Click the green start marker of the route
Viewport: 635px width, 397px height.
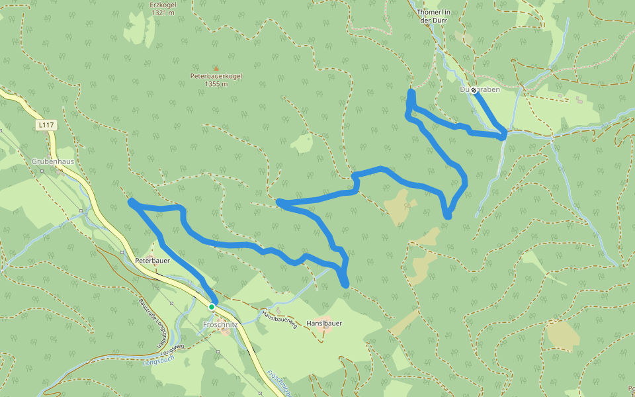click(x=212, y=307)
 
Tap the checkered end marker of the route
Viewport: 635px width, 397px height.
click(x=474, y=90)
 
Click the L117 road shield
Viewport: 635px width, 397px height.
click(x=46, y=124)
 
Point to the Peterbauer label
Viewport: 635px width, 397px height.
click(x=153, y=261)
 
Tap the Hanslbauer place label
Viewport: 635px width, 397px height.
click(x=324, y=323)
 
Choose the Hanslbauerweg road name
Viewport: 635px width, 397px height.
click(x=278, y=319)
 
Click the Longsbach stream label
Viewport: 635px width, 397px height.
click(x=157, y=363)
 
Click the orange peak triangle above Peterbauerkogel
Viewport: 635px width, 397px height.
click(x=215, y=68)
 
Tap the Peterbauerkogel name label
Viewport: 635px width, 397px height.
click(x=216, y=76)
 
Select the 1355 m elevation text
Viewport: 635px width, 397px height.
click(x=216, y=84)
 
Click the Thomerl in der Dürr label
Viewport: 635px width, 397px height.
click(x=434, y=16)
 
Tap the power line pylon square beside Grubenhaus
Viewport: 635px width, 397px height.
click(x=42, y=171)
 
